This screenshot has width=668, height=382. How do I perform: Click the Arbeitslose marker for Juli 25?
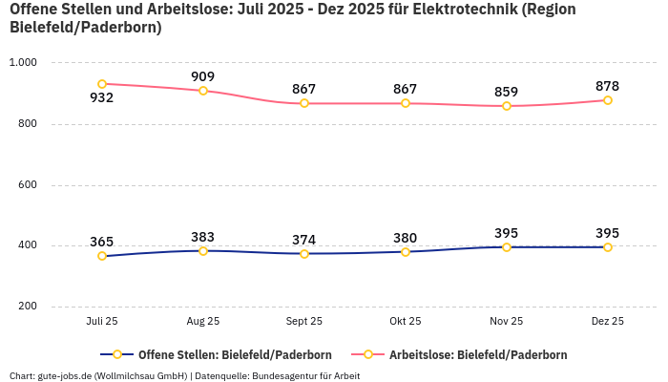[x=102, y=84]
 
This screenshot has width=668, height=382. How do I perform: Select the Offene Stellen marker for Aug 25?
[x=203, y=251]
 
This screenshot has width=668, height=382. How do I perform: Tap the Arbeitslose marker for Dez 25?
[x=607, y=100]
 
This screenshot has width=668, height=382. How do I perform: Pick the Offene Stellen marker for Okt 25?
[x=406, y=252]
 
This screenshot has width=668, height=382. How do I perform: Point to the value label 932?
[x=102, y=98]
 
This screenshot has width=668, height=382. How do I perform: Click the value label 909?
[x=202, y=76]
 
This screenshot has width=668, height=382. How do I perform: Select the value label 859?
[x=506, y=92]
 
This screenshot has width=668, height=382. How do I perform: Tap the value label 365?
[x=102, y=242]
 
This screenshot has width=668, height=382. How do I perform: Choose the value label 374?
[x=303, y=240]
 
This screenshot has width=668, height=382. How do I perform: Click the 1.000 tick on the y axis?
[x=22, y=62]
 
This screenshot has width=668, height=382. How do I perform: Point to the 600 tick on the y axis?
[x=27, y=184]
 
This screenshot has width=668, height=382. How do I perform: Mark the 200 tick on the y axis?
[x=27, y=307]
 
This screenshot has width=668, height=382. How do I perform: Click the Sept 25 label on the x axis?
[x=303, y=322]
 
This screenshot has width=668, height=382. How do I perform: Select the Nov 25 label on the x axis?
[x=506, y=322]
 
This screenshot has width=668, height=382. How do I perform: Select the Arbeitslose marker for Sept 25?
[x=304, y=103]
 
